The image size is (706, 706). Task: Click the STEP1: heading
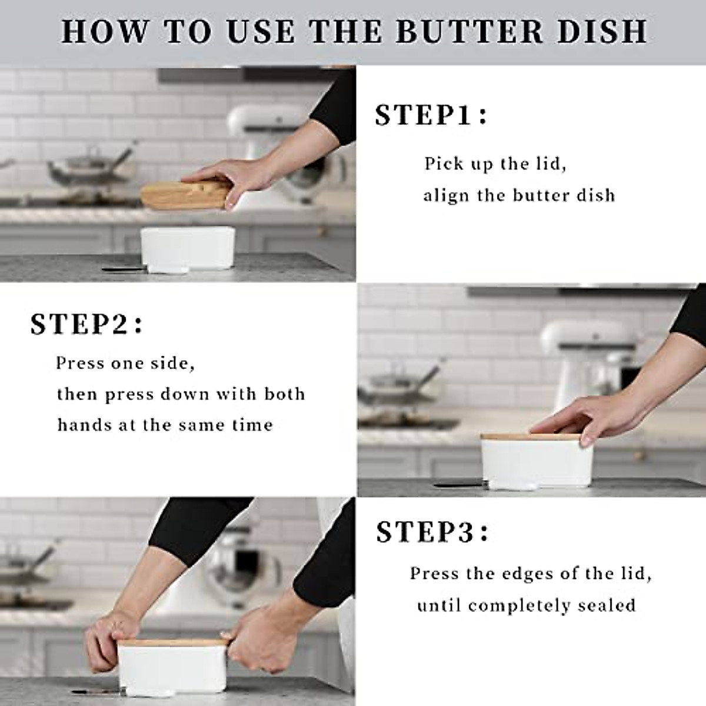tap(431, 115)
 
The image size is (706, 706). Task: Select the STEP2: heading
tap(86, 324)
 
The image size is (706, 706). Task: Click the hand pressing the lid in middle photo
tap(580, 420)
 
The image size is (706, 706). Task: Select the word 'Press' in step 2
tap(79, 363)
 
